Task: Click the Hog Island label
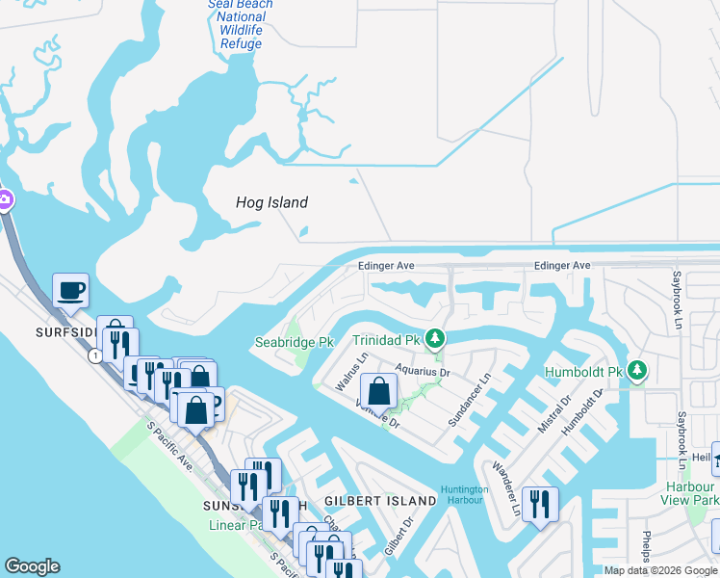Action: click(272, 202)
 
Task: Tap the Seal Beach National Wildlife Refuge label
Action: click(240, 24)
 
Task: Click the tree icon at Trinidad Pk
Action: click(435, 338)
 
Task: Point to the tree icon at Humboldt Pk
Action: click(636, 370)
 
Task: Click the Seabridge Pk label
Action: click(294, 342)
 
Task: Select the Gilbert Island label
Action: click(380, 501)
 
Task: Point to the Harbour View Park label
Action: click(690, 492)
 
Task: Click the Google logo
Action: click(32, 566)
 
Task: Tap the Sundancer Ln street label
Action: click(471, 401)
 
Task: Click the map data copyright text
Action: click(659, 570)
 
